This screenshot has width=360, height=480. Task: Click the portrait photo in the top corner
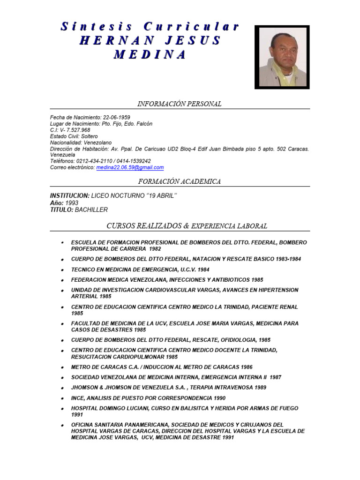pyautogui.click(x=282, y=57)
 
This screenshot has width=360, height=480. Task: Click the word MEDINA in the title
pyautogui.click(x=150, y=54)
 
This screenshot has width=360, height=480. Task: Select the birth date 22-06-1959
pyautogui.click(x=116, y=117)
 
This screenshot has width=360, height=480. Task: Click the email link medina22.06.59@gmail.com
pyautogui.click(x=130, y=167)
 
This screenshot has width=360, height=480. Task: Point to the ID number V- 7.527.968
pyautogui.click(x=75, y=130)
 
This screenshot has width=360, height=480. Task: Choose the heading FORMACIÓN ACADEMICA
pyautogui.click(x=180, y=181)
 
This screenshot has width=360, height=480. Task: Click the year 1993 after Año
pyautogui.click(x=72, y=203)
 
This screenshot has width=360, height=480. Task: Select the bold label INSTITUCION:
pyautogui.click(x=69, y=195)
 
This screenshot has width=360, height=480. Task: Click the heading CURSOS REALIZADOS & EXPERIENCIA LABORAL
pyautogui.click(x=187, y=226)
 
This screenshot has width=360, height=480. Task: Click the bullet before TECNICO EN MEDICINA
pyautogui.click(x=62, y=270)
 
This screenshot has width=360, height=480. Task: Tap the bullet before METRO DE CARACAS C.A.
pyautogui.click(x=62, y=367)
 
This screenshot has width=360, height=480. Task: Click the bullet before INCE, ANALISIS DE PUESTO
pyautogui.click(x=62, y=398)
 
